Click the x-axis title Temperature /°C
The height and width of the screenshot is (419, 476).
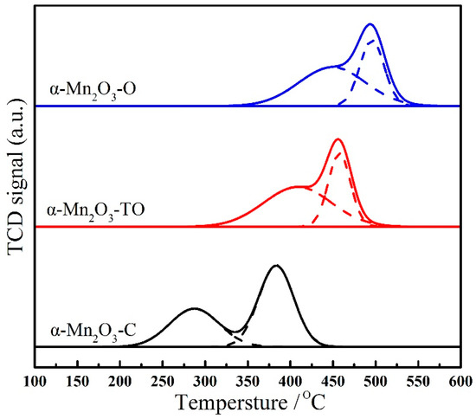[x=248, y=404]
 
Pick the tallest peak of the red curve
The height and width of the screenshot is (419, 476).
[x=338, y=139]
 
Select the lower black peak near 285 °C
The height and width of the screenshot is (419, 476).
[x=194, y=308]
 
